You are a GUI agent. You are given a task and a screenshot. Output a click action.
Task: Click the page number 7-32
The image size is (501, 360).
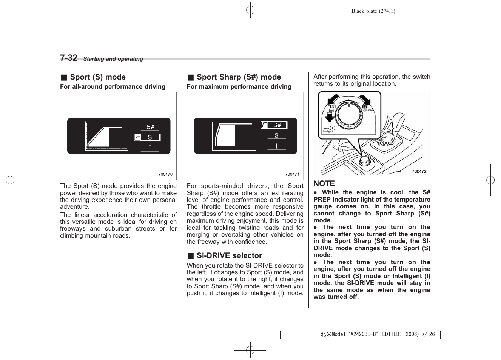(x=69, y=58)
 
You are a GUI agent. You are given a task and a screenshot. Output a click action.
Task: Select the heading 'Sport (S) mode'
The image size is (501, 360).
(x=97, y=77)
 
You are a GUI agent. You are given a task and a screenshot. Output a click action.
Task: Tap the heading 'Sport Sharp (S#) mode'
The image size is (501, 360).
(x=239, y=77)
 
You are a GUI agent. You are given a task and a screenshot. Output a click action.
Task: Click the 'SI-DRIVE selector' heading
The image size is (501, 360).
(x=229, y=255)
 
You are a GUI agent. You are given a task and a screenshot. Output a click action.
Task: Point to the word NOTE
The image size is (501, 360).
(x=324, y=183)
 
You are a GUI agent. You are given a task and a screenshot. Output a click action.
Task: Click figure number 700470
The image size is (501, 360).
(x=165, y=174)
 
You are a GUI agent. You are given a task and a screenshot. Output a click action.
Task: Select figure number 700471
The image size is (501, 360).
(x=292, y=174)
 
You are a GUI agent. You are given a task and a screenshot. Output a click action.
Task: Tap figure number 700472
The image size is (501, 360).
(x=419, y=171)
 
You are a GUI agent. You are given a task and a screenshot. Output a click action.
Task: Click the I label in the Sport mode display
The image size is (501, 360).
(x=150, y=148)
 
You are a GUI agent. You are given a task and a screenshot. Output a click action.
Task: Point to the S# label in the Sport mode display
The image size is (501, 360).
(x=150, y=127)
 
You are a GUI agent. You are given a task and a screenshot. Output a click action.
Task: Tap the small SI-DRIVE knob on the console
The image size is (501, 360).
(x=364, y=161)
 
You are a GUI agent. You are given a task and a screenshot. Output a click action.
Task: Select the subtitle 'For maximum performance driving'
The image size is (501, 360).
(x=239, y=86)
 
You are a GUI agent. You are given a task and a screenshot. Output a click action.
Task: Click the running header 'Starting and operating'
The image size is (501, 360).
(x=113, y=59)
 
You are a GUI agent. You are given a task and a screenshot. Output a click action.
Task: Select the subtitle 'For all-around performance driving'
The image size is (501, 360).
(x=113, y=86)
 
